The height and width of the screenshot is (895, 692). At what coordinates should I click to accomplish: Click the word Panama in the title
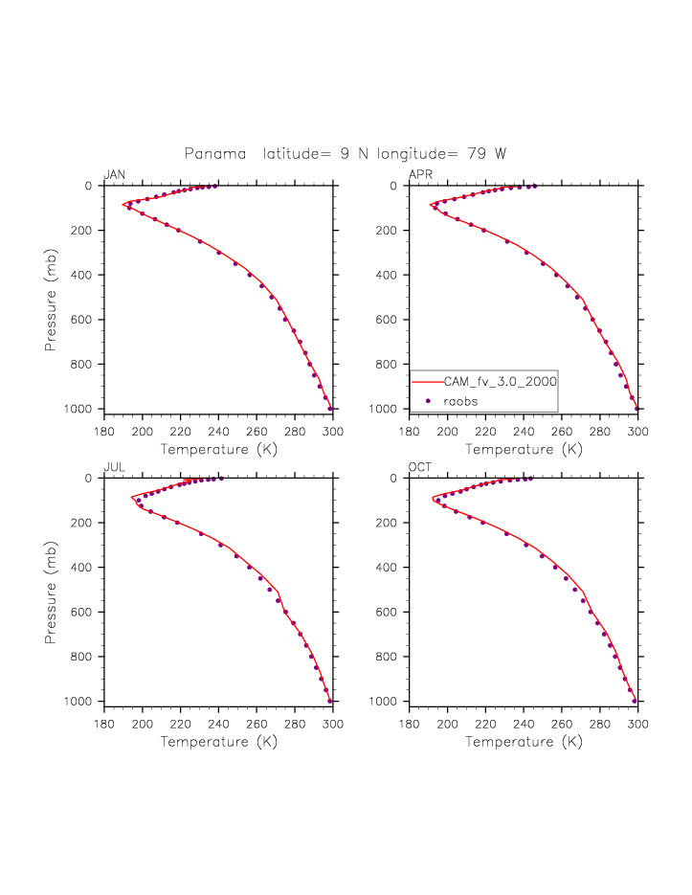(x=214, y=154)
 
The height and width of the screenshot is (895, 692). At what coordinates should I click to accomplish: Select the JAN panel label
(x=114, y=174)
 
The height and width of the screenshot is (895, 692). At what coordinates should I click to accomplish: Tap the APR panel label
(x=420, y=174)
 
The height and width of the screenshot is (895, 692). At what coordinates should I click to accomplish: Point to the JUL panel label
(x=114, y=467)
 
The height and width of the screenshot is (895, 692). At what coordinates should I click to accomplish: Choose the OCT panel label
(x=420, y=467)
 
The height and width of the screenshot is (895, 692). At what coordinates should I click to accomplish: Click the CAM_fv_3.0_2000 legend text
(x=500, y=381)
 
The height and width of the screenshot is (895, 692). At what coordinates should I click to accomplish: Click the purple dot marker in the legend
(x=429, y=400)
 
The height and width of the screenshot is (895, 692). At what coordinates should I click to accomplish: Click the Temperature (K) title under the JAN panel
(x=218, y=449)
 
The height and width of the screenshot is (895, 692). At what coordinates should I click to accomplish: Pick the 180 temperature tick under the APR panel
(x=410, y=430)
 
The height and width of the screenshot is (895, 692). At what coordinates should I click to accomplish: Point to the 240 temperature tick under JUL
(x=219, y=723)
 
